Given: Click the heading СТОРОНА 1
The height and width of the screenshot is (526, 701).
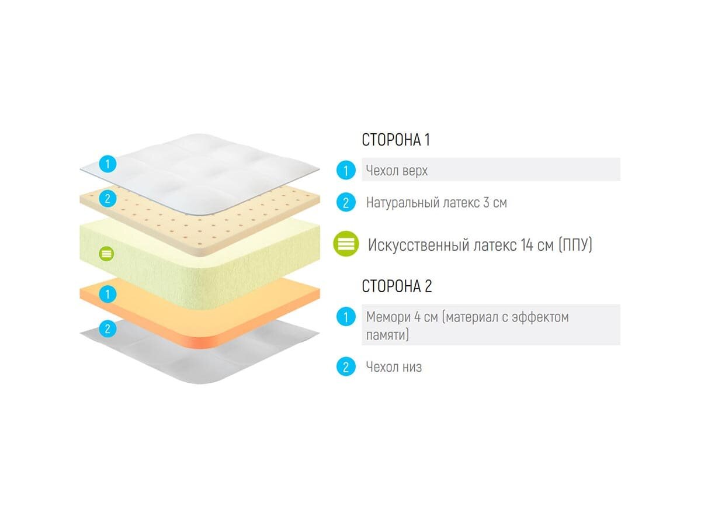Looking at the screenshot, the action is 395,140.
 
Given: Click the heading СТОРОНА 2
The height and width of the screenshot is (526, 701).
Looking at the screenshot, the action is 397,287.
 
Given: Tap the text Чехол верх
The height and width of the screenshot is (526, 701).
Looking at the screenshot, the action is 397,171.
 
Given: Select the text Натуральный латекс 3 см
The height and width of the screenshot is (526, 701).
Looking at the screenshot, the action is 436,203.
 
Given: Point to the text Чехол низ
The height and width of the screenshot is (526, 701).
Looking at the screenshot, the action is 394,367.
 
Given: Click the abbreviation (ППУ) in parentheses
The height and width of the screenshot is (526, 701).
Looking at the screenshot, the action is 575,244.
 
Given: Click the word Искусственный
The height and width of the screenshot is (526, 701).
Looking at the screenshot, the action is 417,244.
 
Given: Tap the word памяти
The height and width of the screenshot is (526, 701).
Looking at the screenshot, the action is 387,335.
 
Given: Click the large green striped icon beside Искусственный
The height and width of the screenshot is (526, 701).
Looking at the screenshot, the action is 346,244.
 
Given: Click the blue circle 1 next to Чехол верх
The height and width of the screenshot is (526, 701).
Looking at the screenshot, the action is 346,171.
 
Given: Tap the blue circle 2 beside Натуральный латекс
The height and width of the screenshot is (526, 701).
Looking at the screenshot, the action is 346,203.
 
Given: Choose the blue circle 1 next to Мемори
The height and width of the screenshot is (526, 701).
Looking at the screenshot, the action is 346,317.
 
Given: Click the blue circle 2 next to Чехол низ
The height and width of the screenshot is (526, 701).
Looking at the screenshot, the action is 346,367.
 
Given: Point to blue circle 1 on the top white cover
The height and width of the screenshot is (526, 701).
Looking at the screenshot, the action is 107,164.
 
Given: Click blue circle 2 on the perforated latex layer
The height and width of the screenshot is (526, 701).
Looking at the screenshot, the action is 107,199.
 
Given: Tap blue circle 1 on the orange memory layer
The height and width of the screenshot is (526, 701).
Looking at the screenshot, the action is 107,293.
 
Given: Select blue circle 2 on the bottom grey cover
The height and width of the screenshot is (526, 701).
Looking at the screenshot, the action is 107,328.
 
